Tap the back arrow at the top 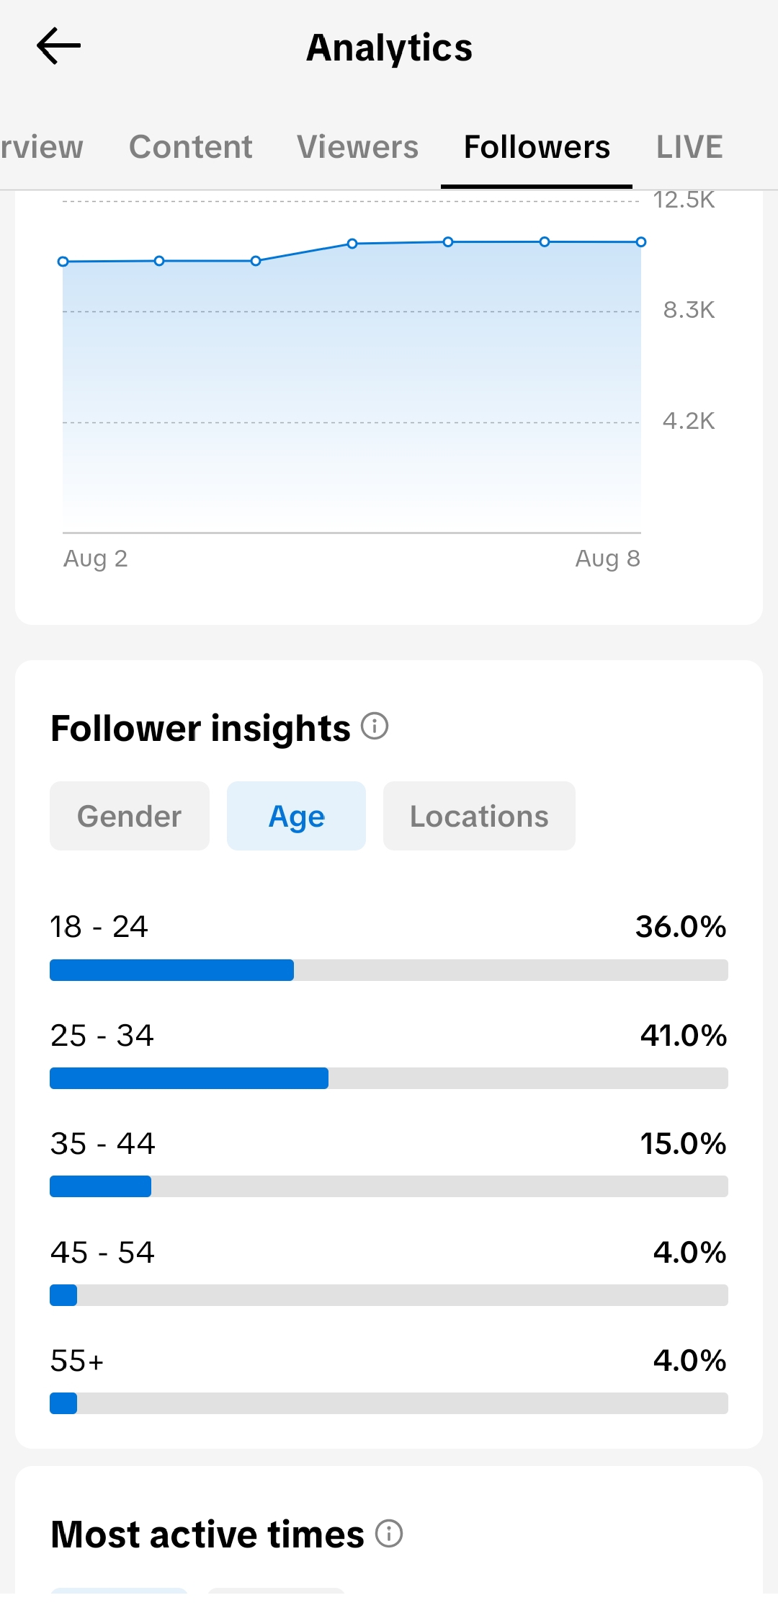click(x=58, y=46)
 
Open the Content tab click(x=191, y=147)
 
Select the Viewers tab click(x=357, y=147)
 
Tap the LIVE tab click(x=689, y=147)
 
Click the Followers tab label click(x=537, y=147)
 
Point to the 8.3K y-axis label click(x=689, y=310)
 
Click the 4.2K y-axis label click(x=689, y=421)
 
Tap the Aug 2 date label click(x=95, y=559)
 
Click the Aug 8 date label click(x=607, y=559)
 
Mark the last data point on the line click(x=641, y=242)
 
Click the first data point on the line click(x=63, y=262)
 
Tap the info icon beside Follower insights click(x=375, y=726)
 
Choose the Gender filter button click(x=130, y=816)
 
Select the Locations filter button click(x=479, y=816)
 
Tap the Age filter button click(x=296, y=816)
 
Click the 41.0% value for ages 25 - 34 click(x=683, y=1036)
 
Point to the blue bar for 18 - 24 click(x=171, y=970)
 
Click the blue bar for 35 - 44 click(x=100, y=1186)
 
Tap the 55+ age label click(x=77, y=1361)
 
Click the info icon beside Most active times click(x=389, y=1533)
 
